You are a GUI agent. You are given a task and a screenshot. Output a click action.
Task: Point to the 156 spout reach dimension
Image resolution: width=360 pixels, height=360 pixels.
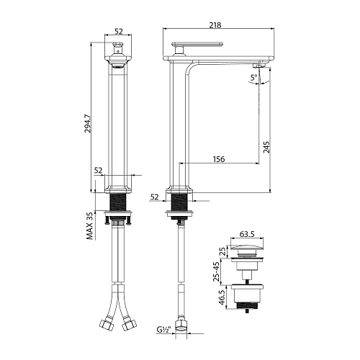220,158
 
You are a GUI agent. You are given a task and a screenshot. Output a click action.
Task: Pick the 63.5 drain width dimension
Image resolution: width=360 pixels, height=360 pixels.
248,234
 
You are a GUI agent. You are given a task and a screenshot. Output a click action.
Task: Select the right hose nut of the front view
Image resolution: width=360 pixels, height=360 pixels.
130,325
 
